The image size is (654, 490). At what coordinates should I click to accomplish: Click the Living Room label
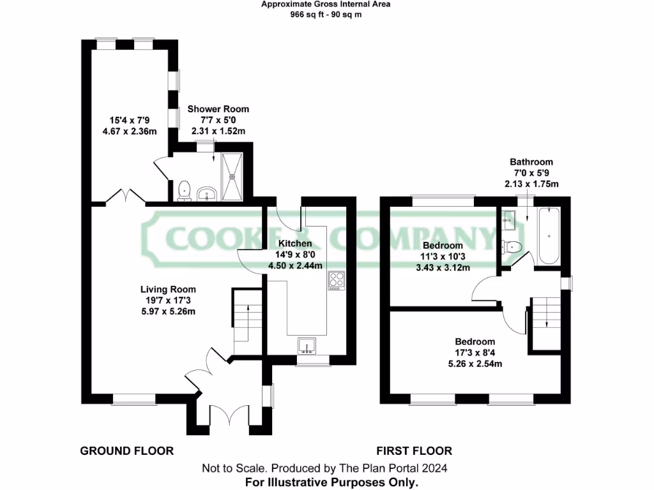(x=169, y=289)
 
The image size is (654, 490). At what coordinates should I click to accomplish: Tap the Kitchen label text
(x=295, y=243)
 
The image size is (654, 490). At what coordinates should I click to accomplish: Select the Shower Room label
(x=218, y=109)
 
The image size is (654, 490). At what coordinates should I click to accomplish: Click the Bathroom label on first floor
(x=531, y=162)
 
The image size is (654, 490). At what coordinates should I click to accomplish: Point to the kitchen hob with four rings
(x=337, y=281)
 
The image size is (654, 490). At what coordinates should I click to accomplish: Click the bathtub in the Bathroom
(x=549, y=236)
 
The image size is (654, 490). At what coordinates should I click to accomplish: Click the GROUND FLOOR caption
(x=126, y=451)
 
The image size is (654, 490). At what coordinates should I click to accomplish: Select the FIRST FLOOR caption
(x=414, y=451)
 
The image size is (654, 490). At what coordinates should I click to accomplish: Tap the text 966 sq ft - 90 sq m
(x=326, y=14)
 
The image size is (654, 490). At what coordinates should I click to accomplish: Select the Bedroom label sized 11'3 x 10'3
(x=443, y=246)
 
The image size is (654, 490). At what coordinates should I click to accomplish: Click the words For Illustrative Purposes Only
(x=332, y=482)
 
